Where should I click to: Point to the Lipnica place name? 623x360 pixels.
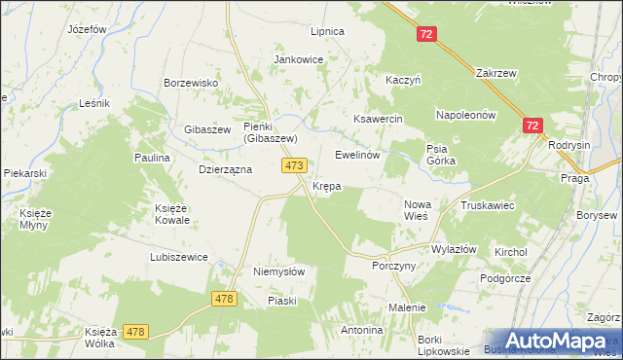(x=327, y=31)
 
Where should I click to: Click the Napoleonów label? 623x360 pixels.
(x=466, y=114)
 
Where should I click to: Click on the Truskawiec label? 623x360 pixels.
(x=488, y=205)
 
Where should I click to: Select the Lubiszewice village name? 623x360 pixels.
(x=179, y=257)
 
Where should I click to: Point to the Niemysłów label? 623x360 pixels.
(x=279, y=272)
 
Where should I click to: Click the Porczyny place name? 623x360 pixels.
(x=394, y=266)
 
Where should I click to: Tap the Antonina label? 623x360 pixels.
(x=361, y=330)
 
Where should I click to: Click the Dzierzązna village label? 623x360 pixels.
(x=225, y=168)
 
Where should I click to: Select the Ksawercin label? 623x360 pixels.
(x=378, y=118)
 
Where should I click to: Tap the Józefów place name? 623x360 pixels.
(x=87, y=29)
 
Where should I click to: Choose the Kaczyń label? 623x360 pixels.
(x=403, y=80)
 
